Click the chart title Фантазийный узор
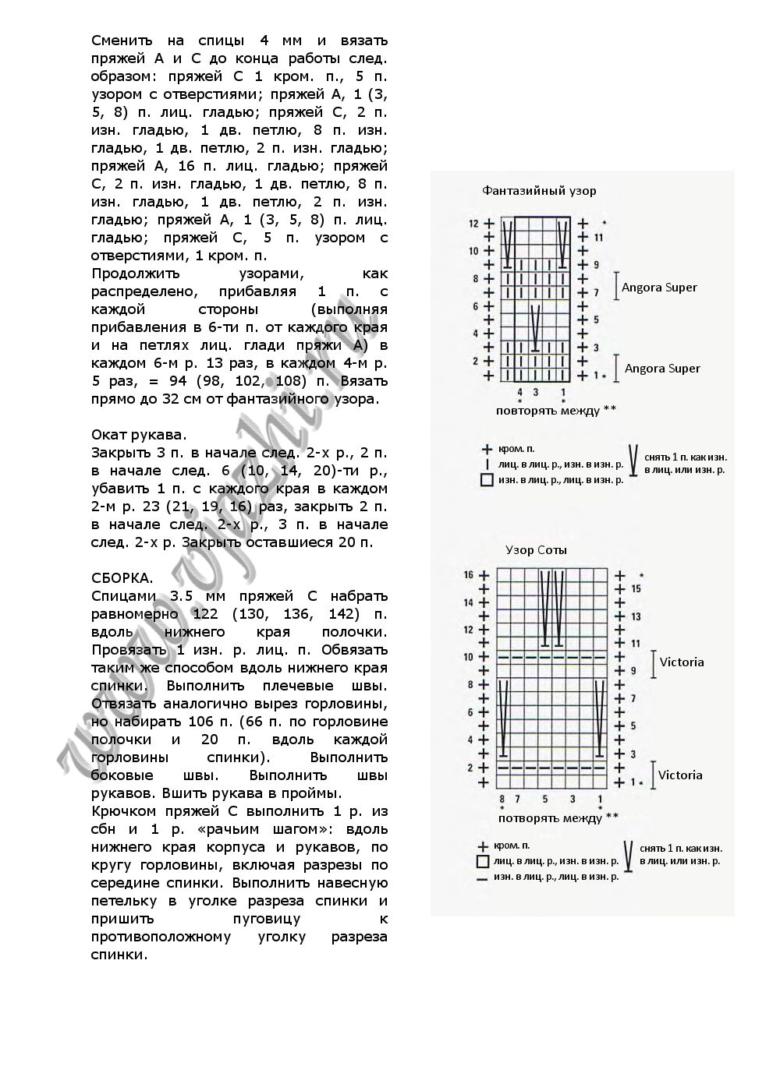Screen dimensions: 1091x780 coord(539,191)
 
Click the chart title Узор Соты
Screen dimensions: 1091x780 coord(536,550)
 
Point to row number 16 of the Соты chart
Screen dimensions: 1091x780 coord(469,575)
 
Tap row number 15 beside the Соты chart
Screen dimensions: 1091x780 coord(636,589)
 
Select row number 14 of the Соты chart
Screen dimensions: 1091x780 coord(469,602)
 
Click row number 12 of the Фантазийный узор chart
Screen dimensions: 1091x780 coord(473,224)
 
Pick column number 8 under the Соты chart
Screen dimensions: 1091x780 coord(502,800)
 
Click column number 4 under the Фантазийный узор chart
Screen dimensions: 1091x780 coord(520,392)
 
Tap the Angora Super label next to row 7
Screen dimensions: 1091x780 coord(659,288)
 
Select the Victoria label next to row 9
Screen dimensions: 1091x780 coord(682,662)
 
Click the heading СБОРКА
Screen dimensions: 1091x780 coord(122,578)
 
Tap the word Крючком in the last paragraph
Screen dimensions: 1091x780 coord(121,811)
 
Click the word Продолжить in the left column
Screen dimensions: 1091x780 coord(136,274)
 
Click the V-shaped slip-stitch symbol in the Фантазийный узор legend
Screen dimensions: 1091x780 coord(633,461)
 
